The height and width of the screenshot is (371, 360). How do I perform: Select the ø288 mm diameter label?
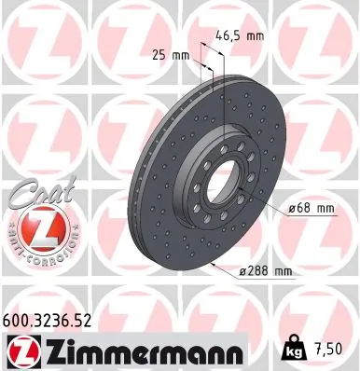(x=265, y=271)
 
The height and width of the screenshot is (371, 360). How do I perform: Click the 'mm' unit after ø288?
(x=283, y=271)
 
